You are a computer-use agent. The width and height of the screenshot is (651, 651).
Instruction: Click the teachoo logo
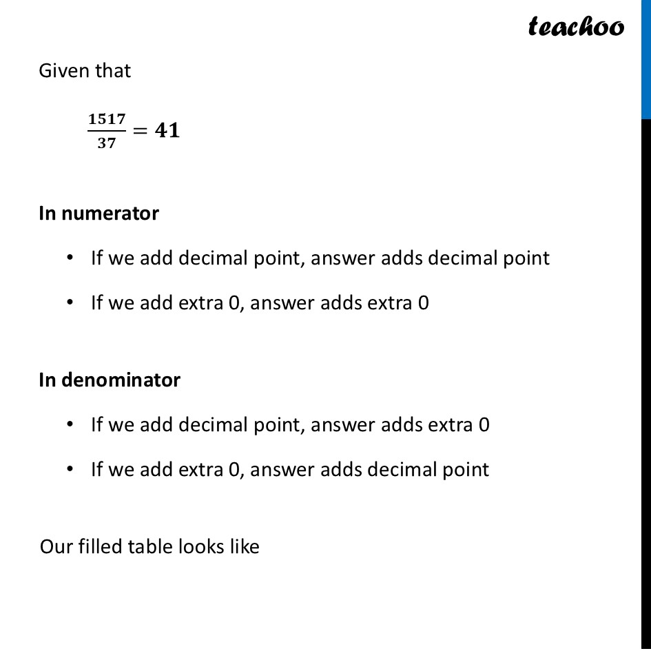(x=576, y=26)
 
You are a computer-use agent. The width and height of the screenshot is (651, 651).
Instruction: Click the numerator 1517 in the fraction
(x=107, y=119)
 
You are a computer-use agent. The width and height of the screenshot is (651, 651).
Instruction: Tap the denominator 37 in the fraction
(x=107, y=143)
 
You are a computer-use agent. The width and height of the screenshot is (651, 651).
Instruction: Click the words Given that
(x=85, y=70)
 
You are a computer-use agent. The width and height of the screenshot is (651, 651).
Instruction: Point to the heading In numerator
(x=99, y=214)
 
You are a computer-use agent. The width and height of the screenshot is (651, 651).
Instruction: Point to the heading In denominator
(x=110, y=380)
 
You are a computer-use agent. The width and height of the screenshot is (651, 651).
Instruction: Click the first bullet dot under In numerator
(x=70, y=258)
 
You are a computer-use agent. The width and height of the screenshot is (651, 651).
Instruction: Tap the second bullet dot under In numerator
(x=70, y=302)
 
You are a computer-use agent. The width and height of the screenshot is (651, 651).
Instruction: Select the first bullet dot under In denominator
(x=70, y=424)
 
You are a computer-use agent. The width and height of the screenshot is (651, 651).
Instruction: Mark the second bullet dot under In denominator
(x=70, y=469)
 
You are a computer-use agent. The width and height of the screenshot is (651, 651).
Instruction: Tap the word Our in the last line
(x=54, y=547)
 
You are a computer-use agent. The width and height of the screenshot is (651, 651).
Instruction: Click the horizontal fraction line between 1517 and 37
(x=107, y=131)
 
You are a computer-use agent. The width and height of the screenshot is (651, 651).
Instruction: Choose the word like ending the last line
(x=241, y=546)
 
